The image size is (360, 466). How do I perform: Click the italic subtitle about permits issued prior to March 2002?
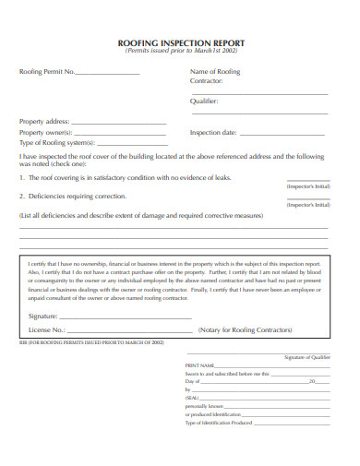(x=182, y=52)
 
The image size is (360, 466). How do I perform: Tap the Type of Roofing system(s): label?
(x=56, y=142)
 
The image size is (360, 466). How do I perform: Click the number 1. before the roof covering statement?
(x=22, y=177)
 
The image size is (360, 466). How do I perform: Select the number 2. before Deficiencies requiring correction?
(x=22, y=196)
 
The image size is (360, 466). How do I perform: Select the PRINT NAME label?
(x=200, y=365)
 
